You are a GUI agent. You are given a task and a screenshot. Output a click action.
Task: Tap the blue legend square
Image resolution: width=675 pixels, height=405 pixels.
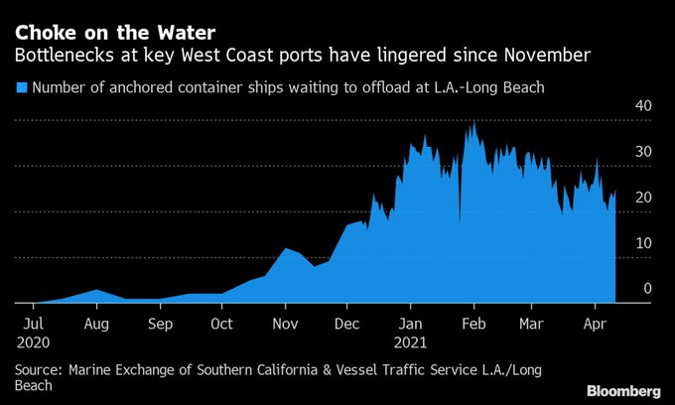[x=20, y=87]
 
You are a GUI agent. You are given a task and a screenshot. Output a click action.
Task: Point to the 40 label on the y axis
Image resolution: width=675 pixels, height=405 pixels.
[x=643, y=106]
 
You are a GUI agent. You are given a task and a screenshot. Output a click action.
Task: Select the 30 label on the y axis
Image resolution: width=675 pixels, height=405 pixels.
[x=643, y=152]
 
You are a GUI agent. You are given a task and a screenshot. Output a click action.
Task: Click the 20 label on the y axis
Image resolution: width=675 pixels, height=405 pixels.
[x=643, y=198]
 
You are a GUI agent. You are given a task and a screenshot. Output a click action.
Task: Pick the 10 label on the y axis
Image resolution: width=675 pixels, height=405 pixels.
[x=643, y=243]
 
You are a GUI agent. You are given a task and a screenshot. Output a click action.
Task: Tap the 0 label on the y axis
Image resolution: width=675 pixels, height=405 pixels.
[x=647, y=289]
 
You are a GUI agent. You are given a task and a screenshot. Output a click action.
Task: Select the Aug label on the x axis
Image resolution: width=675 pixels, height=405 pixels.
[x=96, y=323]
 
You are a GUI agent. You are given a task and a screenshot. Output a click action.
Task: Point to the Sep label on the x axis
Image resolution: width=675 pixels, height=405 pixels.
[x=160, y=323]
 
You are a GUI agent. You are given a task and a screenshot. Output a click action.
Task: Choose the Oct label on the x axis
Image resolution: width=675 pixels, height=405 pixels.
[x=221, y=323]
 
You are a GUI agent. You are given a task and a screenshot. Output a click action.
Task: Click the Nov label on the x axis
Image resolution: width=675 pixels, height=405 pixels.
[x=285, y=323]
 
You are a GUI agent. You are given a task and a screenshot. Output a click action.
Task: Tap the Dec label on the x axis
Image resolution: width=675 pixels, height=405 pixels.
[x=346, y=323]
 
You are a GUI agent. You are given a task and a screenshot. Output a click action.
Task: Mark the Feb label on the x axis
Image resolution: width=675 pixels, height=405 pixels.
[x=473, y=323]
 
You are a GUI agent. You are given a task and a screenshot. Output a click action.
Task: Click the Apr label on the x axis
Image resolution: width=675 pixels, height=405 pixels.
[x=595, y=323]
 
